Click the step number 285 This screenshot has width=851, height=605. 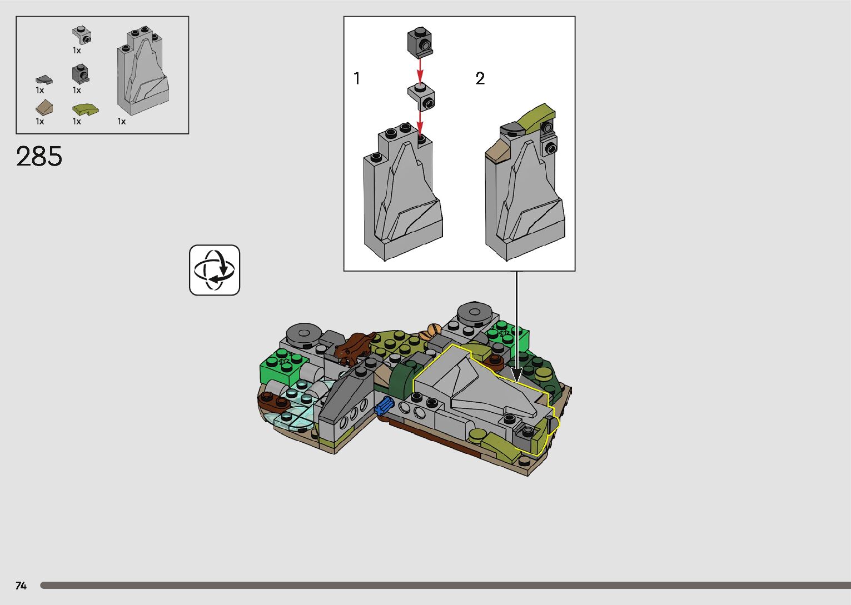(x=39, y=156)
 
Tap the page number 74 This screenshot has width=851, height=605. (x=21, y=586)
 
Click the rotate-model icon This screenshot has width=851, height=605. (x=215, y=270)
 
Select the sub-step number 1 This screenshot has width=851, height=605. (x=356, y=78)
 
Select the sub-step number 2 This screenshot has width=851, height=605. (x=480, y=79)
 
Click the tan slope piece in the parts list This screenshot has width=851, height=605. (x=44, y=108)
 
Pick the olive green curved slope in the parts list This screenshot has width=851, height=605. (x=86, y=109)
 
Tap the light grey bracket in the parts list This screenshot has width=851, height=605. (x=82, y=36)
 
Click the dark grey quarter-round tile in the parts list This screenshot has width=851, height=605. (x=44, y=80)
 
